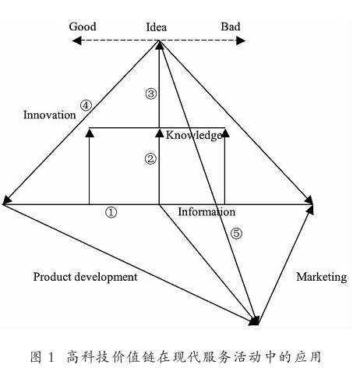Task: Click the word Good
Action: click(x=83, y=27)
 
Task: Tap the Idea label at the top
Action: click(x=156, y=27)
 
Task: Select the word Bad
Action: click(x=231, y=27)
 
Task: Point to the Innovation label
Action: click(x=50, y=115)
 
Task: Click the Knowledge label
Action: click(x=194, y=136)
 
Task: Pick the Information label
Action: click(x=206, y=212)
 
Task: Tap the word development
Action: click(x=106, y=277)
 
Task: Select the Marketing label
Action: click(x=322, y=277)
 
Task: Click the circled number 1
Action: click(x=111, y=212)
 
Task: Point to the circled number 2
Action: click(x=150, y=159)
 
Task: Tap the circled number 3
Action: click(x=151, y=94)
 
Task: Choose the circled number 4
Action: click(x=86, y=105)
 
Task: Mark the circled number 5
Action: click(x=236, y=233)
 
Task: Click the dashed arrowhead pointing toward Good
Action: click(x=76, y=41)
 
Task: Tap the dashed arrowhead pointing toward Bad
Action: click(x=241, y=41)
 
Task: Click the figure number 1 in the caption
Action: click(x=51, y=356)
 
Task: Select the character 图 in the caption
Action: click(x=36, y=356)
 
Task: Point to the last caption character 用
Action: click(x=314, y=356)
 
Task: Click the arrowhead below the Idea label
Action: click(x=159, y=45)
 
